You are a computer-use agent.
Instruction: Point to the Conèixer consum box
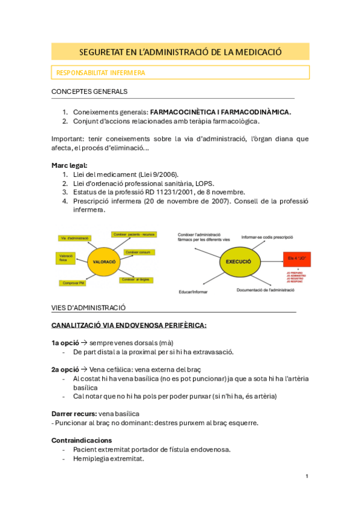pos(139,252)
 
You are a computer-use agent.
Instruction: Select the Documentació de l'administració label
pos(265,290)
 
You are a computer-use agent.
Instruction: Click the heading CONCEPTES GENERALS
pos(90,91)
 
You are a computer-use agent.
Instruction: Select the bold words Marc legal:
pos(70,165)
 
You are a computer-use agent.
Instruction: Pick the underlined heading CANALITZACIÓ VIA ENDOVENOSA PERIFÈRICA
pos(129,325)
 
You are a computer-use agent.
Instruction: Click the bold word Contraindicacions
pos(82,440)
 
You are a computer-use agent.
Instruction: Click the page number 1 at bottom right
pos(307,476)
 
